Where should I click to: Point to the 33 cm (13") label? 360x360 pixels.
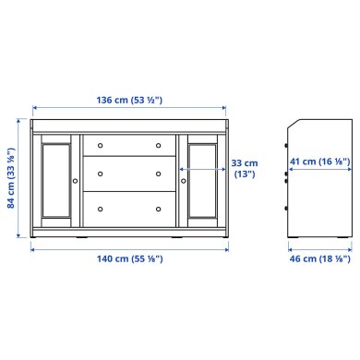coord(244,169)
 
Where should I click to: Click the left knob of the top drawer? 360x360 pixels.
coord(101,145)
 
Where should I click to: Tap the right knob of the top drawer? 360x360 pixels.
coord(158,145)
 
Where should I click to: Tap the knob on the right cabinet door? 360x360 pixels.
coord(183,181)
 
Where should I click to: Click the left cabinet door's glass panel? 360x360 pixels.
coord(56,181)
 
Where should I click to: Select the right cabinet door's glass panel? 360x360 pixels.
coord(202,181)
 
